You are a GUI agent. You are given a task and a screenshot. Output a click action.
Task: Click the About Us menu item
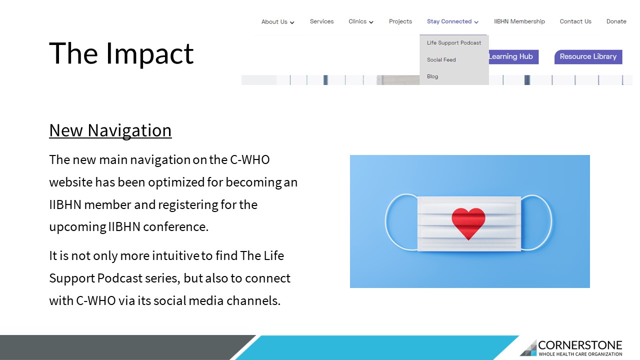277,21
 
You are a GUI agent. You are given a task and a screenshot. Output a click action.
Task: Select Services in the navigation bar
321,21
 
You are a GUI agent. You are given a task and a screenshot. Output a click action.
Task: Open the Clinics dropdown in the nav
360,21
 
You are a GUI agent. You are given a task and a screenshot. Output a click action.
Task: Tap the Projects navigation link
400,21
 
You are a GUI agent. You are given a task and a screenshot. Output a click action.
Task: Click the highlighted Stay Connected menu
452,21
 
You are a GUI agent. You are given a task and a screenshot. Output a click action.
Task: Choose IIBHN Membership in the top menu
519,21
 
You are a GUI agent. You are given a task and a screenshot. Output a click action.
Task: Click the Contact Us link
575,21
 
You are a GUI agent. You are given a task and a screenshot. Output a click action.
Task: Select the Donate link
616,21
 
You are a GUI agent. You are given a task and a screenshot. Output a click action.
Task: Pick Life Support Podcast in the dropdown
454,43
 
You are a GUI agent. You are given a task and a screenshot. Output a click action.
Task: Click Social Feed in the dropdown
441,59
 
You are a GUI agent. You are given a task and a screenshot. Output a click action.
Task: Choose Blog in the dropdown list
432,76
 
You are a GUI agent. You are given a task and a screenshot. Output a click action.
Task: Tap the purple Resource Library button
588,57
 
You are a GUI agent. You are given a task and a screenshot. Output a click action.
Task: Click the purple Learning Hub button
513,57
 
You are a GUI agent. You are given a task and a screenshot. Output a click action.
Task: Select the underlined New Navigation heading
110,131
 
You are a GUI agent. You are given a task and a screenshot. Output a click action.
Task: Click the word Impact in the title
150,53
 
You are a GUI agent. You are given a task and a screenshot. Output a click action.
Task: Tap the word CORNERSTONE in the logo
580,345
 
